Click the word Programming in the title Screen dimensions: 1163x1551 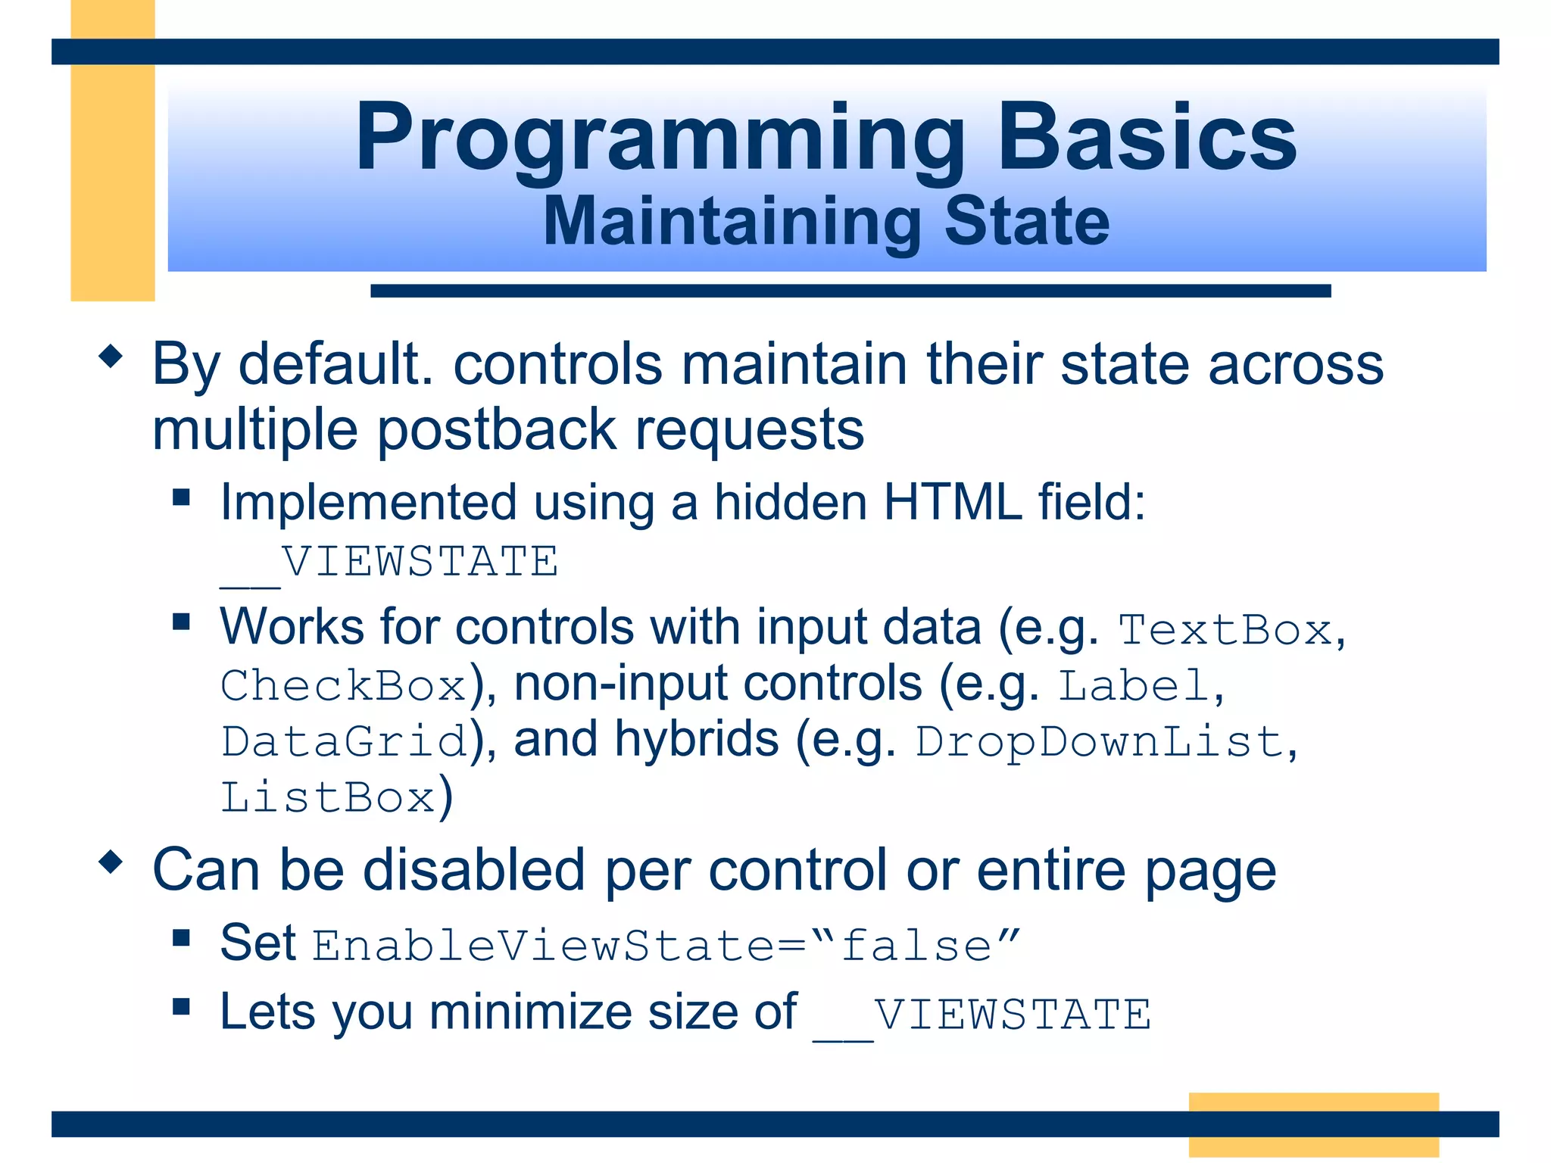[x=659, y=140]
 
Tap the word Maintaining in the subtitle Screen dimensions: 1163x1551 [x=732, y=223]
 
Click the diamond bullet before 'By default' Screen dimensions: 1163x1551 [x=111, y=357]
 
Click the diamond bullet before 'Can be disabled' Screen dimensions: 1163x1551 [x=111, y=862]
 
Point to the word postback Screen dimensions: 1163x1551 [x=497, y=430]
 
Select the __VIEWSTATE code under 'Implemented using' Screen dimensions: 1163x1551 [x=390, y=563]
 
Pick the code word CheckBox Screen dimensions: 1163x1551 [x=343, y=686]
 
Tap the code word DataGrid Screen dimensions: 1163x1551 [x=343, y=741]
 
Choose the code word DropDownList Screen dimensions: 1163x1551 [x=1099, y=742]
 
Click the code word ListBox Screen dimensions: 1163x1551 [x=328, y=798]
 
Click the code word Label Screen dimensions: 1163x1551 [x=1133, y=686]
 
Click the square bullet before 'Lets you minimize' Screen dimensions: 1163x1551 [x=181, y=1006]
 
